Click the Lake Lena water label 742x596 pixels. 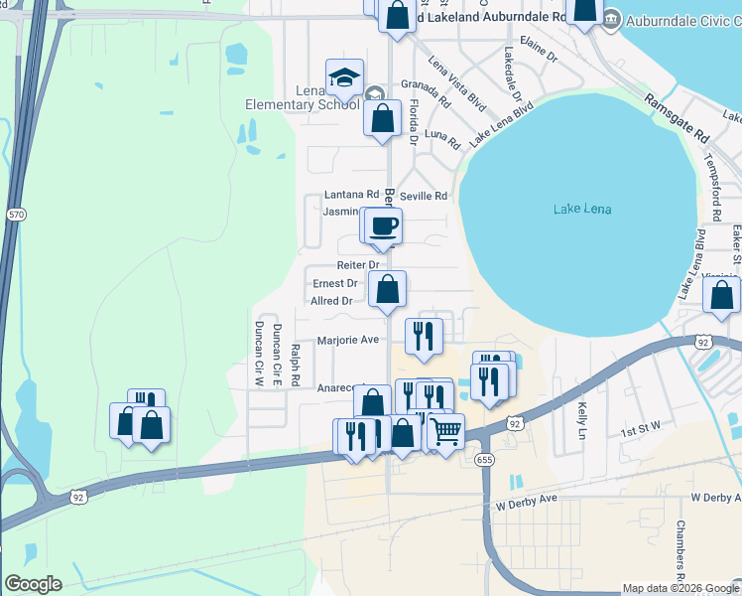tap(582, 209)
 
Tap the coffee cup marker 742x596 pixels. tap(383, 226)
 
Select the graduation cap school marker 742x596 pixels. tap(344, 77)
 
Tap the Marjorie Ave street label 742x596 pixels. tap(348, 340)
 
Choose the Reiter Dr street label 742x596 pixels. tap(358, 265)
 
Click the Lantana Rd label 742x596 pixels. tap(352, 196)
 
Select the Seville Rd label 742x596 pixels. tap(424, 196)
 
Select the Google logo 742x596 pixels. tap(32, 584)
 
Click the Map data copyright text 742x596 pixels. tap(680, 588)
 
